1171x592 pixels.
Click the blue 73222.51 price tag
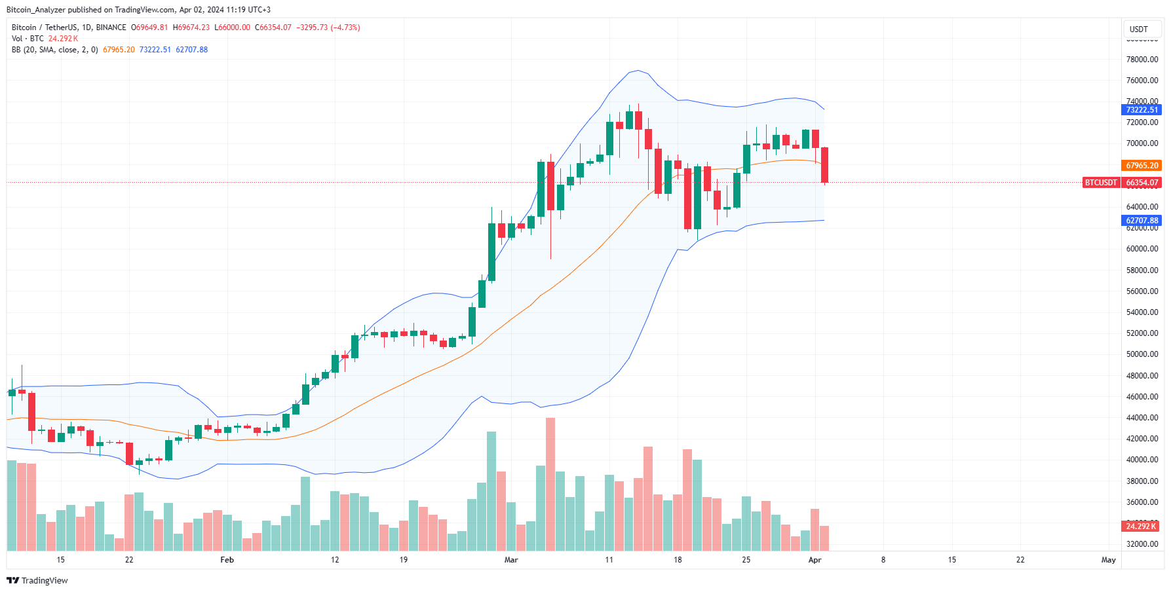tap(1142, 110)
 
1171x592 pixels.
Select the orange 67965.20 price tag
tap(1142, 166)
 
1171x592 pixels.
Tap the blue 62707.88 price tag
tap(1142, 221)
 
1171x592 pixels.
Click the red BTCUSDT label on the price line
tap(1100, 183)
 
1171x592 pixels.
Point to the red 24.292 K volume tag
tap(1141, 527)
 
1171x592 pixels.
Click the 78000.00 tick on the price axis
tap(1142, 60)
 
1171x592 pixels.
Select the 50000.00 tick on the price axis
tap(1142, 354)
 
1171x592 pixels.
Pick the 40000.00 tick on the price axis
tap(1142, 460)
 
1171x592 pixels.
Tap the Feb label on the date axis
tap(227, 560)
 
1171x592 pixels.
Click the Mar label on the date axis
tap(511, 560)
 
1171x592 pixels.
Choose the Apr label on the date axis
tap(815, 560)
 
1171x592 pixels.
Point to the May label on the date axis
tap(1108, 560)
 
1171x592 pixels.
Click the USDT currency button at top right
tap(1139, 29)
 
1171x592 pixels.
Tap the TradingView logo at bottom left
tap(37, 581)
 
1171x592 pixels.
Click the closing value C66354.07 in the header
tap(273, 28)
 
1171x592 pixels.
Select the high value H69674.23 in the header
tap(191, 28)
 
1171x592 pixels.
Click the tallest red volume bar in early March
tap(550, 483)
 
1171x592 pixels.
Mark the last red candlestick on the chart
tap(824, 165)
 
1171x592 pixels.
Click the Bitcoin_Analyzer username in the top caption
tap(36, 10)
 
